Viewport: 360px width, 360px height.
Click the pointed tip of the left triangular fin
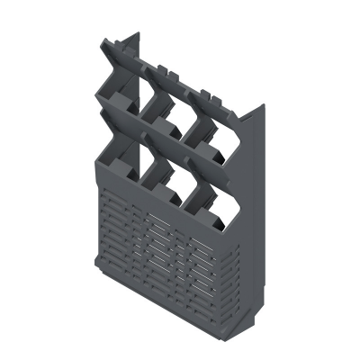pos(138,33)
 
